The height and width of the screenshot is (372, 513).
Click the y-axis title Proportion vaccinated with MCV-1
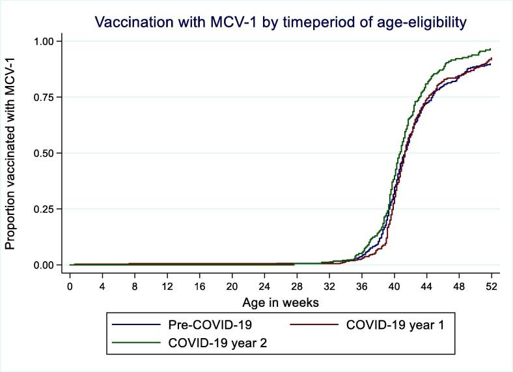tap(11, 152)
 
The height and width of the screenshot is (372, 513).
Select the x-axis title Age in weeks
tap(280, 303)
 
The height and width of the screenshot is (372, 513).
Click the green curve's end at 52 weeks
tap(490, 49)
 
